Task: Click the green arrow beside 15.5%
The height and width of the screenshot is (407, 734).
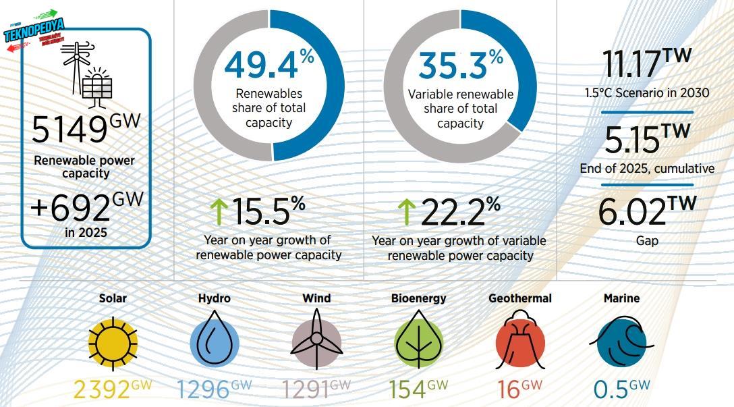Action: point(218,212)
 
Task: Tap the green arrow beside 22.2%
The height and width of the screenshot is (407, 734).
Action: point(405,212)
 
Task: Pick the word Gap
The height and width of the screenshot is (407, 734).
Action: point(646,240)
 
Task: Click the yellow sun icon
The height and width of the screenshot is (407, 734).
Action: point(113,343)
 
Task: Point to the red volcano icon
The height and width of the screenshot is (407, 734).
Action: point(519,341)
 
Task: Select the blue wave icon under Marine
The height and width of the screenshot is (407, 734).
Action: point(621,343)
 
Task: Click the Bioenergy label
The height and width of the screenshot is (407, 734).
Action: point(418,298)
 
